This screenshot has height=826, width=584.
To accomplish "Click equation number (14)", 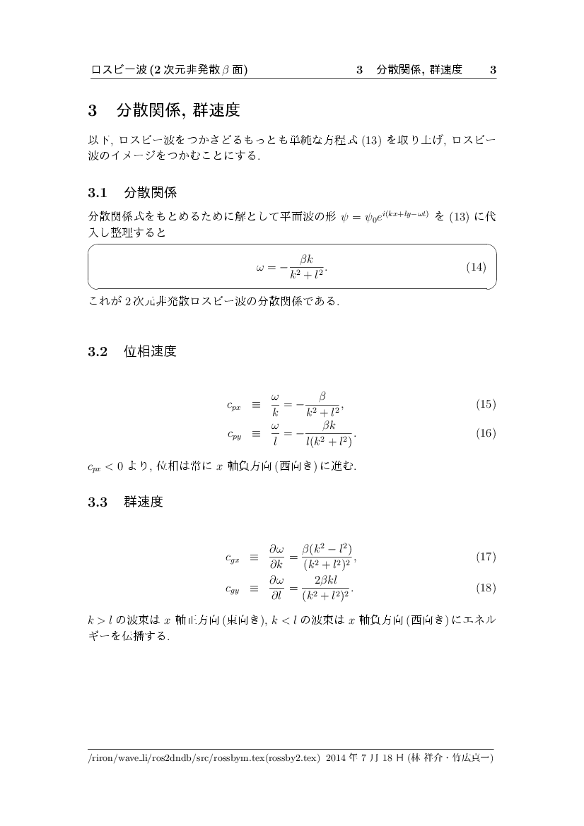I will [477, 267].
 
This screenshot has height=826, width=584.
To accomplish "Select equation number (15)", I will [486, 404].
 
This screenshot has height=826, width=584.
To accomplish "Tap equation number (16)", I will [486, 433].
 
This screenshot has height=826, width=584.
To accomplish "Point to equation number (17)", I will [486, 557].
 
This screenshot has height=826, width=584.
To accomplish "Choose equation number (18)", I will [486, 587].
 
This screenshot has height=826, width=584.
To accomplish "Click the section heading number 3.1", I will [97, 192].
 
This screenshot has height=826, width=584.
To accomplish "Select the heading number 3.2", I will [97, 351].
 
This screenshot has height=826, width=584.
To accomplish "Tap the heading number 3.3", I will [97, 502].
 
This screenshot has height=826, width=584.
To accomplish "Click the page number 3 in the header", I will [493, 69].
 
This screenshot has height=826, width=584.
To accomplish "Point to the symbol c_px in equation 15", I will [233, 406].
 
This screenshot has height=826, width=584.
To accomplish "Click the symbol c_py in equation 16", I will [233, 435].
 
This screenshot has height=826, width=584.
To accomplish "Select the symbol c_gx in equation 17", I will [233, 558].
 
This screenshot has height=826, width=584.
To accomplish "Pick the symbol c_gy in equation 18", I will [233, 588].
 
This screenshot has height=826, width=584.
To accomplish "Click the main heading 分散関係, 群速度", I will [177, 110].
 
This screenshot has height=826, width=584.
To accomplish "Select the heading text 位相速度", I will [150, 351].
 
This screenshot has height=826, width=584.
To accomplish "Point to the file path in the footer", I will [204, 759].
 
